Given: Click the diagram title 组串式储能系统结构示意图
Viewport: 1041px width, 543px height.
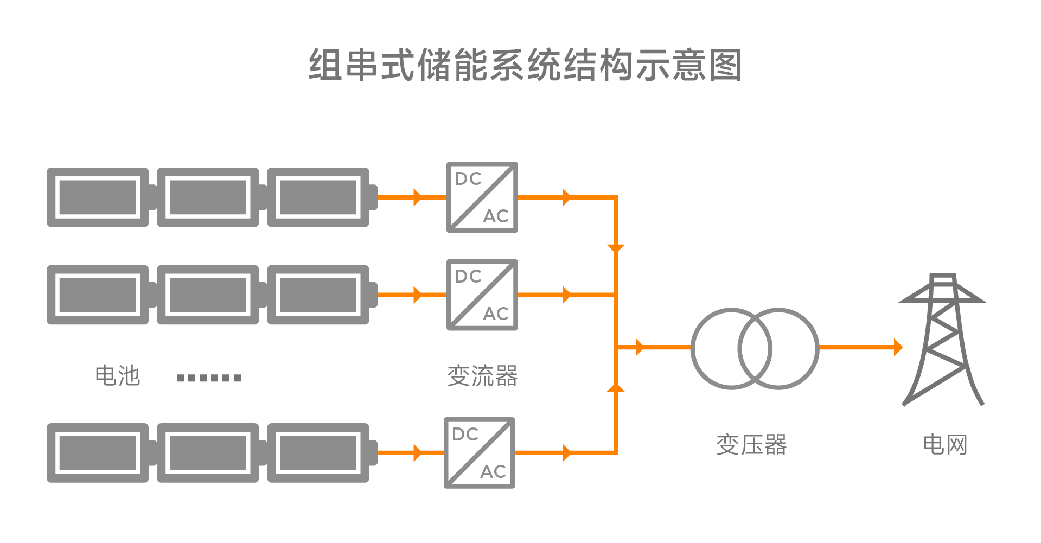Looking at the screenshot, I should coord(525,65).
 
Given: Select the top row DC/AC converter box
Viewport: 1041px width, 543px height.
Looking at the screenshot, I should coord(482,197).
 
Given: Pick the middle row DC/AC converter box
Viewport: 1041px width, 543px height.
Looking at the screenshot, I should coord(482,295).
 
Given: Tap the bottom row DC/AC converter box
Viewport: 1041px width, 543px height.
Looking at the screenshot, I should coord(479,452).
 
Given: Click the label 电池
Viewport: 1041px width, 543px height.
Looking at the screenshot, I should coord(117,376).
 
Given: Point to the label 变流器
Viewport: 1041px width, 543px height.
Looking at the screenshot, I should coord(482,376).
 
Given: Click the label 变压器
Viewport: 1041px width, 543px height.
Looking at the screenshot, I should coord(751,445).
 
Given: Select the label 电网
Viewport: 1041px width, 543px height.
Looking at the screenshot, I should coord(945,445).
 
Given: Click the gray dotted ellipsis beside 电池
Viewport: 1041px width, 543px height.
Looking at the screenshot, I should coord(209,378).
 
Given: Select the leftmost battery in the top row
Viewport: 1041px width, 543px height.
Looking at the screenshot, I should coord(98,197).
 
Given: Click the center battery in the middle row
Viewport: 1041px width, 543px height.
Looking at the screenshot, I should coord(208,295).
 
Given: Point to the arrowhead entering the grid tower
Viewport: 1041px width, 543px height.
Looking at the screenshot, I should coord(898,347).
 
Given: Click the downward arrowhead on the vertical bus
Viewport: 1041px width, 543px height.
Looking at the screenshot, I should coord(616,248).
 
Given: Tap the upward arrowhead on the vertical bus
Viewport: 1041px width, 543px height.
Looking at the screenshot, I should coord(616,387).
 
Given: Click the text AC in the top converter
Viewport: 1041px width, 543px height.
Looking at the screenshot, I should coord(496,216).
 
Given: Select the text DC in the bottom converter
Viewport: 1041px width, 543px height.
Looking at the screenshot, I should coord(465,435).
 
